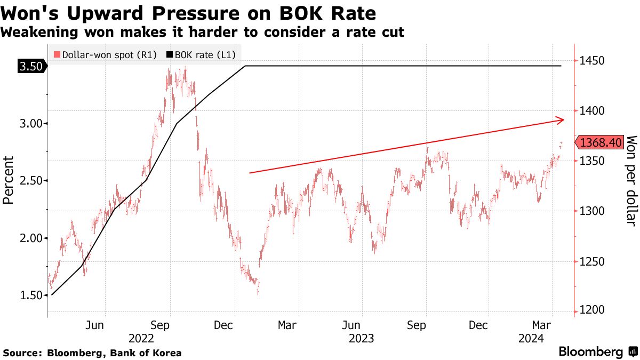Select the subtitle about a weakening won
pyautogui.click(x=202, y=32)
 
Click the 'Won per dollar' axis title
pyautogui.click(x=631, y=180)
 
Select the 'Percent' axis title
pyautogui.click(x=8, y=180)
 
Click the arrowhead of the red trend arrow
pyautogui.click(x=561, y=120)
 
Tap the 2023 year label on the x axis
pyautogui.click(x=361, y=338)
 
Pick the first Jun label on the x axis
pyautogui.click(x=95, y=325)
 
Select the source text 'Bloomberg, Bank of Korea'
pyautogui.click(x=115, y=353)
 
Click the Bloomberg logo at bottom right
pyautogui.click(x=598, y=352)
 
